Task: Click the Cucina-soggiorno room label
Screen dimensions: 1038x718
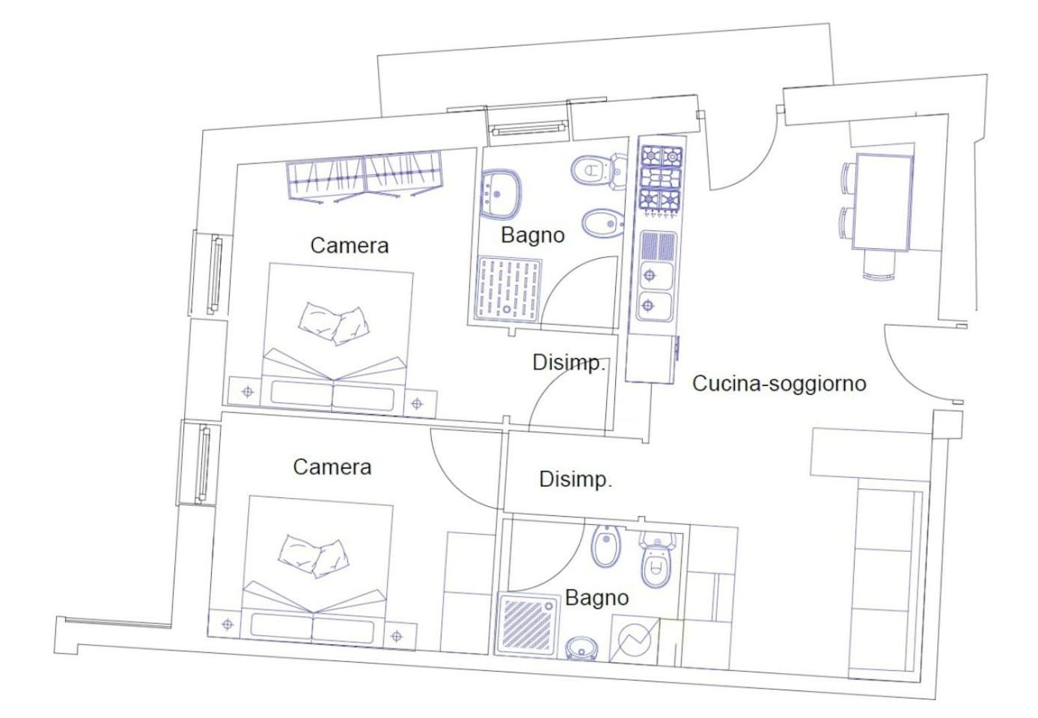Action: [779, 384]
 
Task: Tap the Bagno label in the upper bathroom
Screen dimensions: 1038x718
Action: [532, 236]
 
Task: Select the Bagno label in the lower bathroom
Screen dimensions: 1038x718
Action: [597, 598]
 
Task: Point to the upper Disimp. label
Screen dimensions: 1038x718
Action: [569, 363]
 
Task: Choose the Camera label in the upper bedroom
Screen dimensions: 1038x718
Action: [349, 245]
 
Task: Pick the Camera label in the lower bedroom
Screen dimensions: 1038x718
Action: [332, 467]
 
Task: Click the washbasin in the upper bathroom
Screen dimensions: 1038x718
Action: [500, 194]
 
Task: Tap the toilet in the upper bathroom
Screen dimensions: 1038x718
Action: [598, 170]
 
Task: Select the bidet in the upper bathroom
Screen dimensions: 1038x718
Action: [603, 224]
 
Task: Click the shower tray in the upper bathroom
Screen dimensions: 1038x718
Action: [509, 289]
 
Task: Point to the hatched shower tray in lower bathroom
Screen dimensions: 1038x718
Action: [530, 626]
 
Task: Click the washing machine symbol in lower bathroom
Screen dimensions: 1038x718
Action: [633, 639]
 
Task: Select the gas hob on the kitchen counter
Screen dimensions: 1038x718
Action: [660, 179]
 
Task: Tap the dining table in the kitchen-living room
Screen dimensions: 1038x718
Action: [882, 202]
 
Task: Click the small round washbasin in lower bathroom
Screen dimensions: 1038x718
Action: [582, 648]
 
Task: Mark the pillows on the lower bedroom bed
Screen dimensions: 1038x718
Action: [314, 556]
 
